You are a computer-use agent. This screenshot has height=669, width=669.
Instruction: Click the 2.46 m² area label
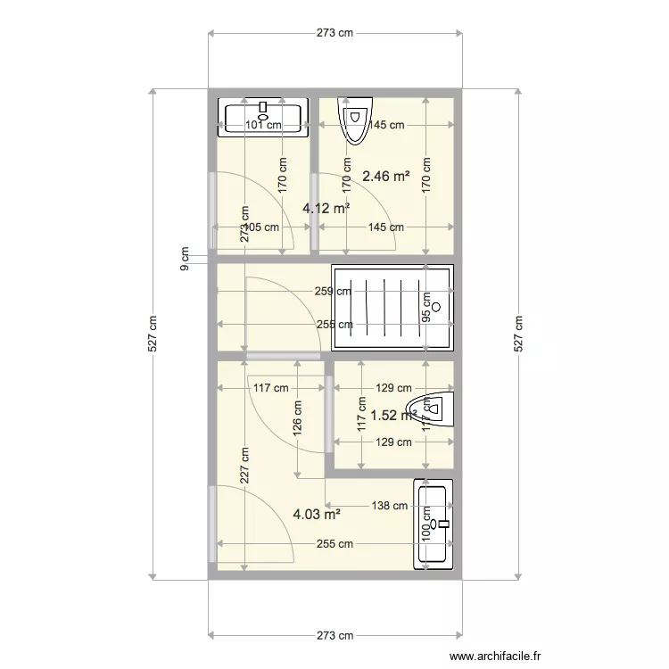pos(385,177)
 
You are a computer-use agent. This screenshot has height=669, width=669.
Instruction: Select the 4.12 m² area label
pos(326,208)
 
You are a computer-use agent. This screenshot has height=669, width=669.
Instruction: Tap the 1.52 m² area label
pos(393,415)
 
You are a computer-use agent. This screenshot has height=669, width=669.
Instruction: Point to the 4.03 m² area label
pos(317,514)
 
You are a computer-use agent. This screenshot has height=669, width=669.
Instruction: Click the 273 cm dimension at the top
pos(334,33)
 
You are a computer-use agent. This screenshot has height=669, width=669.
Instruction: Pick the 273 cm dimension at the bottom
pos(334,635)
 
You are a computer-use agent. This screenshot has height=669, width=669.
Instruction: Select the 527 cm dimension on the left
pos(153,334)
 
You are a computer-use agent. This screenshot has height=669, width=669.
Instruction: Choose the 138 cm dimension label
pos(390,506)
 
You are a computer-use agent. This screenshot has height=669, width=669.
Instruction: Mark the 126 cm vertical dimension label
pos(297,414)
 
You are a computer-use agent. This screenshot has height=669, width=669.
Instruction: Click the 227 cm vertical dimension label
pos(244,465)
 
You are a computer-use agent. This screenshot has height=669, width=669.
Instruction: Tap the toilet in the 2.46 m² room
pos(354,120)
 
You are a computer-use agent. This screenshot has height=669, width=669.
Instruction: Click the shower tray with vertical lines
pos(392,307)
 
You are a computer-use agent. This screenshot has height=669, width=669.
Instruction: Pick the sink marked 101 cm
pos(263,117)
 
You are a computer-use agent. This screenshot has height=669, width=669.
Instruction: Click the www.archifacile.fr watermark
pos(495,657)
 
